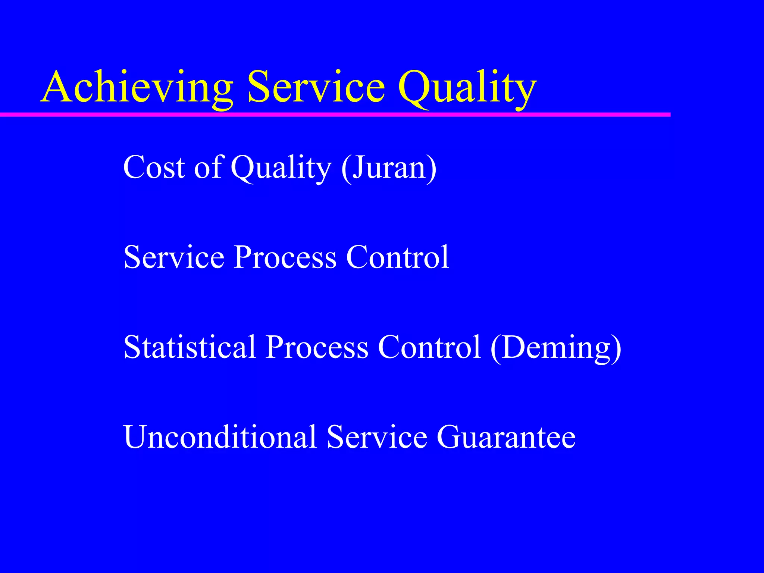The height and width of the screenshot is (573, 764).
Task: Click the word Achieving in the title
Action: (137, 88)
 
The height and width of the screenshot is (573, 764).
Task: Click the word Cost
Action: (154, 167)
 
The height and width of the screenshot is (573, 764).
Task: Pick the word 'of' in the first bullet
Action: (208, 167)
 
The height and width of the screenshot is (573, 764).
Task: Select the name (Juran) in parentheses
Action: (388, 168)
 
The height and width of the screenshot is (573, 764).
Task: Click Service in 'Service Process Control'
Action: (174, 257)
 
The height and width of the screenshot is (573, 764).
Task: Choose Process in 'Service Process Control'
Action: (285, 257)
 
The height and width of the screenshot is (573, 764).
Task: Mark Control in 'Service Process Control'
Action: (397, 257)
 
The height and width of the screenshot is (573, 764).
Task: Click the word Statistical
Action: (190, 347)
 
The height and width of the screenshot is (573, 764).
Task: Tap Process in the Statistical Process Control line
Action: (317, 347)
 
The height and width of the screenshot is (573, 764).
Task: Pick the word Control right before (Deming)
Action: (429, 347)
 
